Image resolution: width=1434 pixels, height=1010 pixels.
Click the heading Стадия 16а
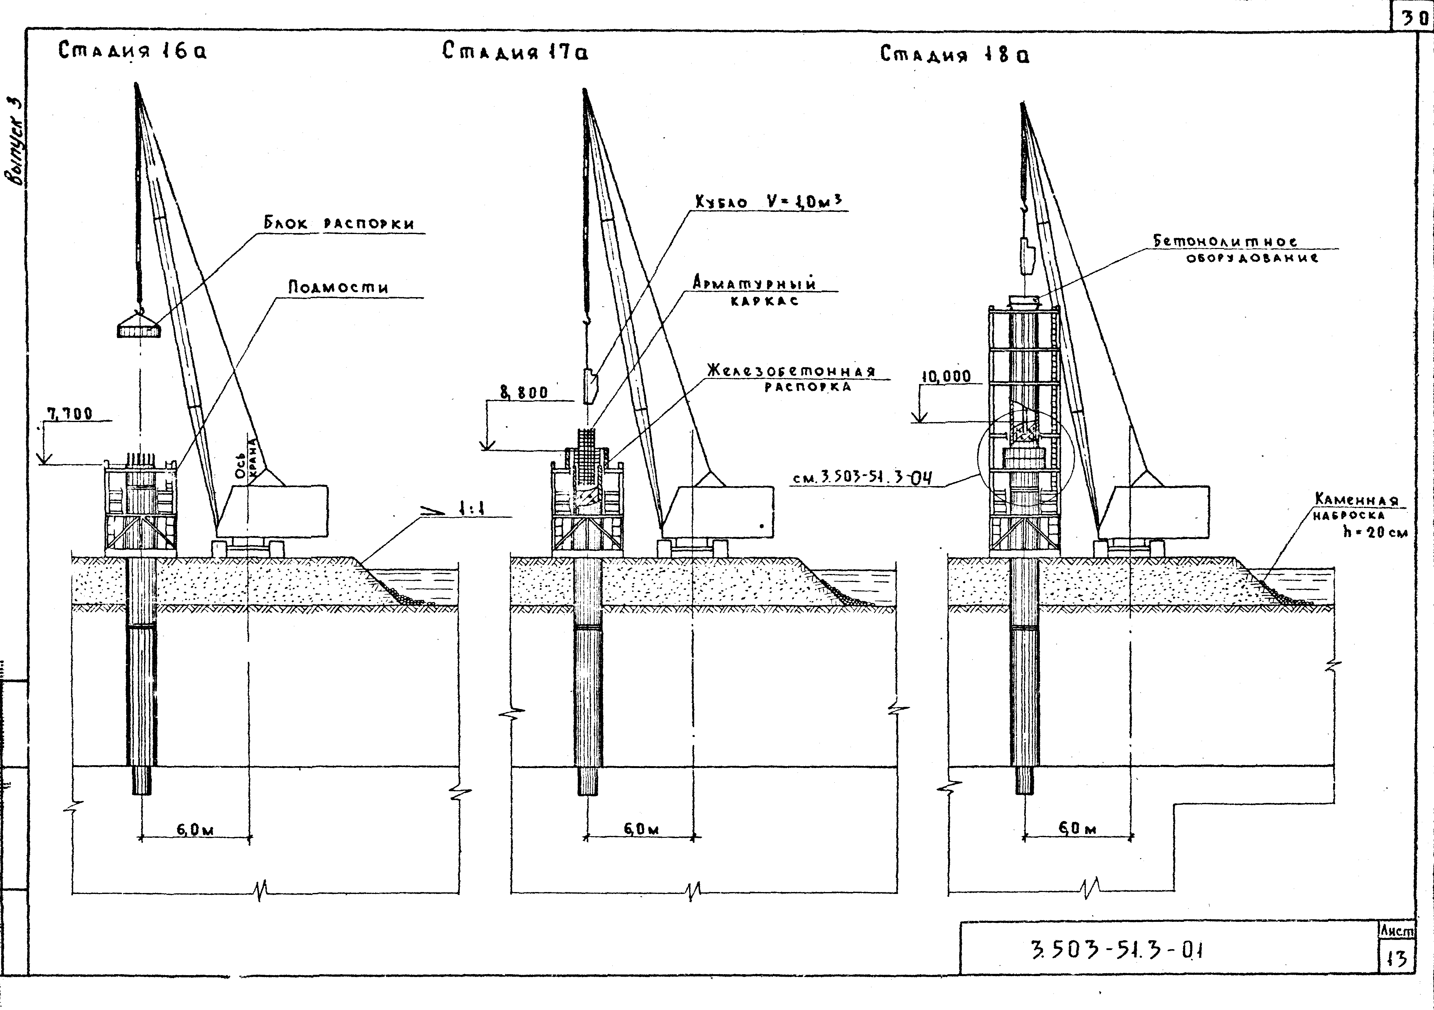pos(133,51)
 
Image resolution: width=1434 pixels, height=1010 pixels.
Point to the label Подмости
pos(338,287)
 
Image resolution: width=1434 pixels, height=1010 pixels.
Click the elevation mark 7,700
pos(70,414)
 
